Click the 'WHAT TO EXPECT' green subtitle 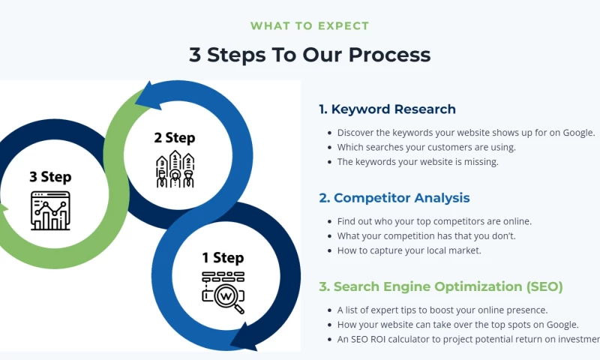coord(310,25)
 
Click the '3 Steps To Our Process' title coord(310,55)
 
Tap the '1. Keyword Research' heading coord(387,109)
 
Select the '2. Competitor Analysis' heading coord(394,198)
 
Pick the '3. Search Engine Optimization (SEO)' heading coord(440,286)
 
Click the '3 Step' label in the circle coord(50,177)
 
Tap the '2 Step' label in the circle coord(174,137)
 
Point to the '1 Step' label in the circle coord(223,258)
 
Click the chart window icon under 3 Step coord(50,211)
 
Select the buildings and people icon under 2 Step coord(174,169)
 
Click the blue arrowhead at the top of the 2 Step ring coord(154,96)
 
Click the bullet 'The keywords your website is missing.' coord(418,161)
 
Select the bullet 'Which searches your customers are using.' coord(426,147)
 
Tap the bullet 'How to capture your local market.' coord(409,250)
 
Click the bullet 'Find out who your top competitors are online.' coord(434,221)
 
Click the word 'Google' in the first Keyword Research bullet coord(575,133)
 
